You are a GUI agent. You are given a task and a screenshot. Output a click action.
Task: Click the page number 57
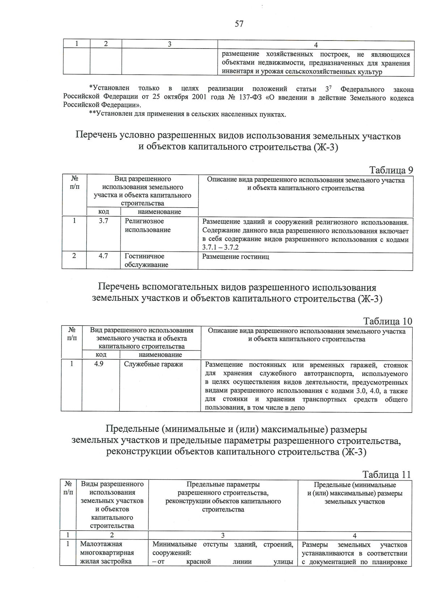pos(239,24)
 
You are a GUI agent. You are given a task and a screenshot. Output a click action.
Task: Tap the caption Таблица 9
pos(391,170)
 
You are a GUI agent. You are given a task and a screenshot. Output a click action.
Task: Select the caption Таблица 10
pos(388,321)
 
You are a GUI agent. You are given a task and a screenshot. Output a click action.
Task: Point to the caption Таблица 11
pos(387,475)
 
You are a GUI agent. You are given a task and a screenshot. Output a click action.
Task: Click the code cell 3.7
pos(103,221)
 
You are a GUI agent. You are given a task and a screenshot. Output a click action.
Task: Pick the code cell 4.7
pos(103,256)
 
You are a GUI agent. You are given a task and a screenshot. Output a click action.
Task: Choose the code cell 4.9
pos(99,364)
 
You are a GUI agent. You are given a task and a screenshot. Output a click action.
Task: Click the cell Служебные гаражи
pos(153,364)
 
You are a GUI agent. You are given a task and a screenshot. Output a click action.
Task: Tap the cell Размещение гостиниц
pos(235,257)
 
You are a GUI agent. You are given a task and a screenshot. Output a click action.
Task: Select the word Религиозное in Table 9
pos(144,221)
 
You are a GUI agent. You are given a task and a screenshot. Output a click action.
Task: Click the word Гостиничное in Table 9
pos(144,256)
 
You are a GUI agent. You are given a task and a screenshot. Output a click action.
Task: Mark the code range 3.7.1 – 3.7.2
pos(221,248)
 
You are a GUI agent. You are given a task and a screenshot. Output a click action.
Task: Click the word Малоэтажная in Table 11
pos(101,544)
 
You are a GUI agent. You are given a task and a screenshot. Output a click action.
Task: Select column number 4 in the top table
pos(316,45)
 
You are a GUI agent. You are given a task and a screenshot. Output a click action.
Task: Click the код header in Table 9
pos(104,212)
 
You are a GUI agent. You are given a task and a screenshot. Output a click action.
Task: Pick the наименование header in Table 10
pos(160,355)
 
